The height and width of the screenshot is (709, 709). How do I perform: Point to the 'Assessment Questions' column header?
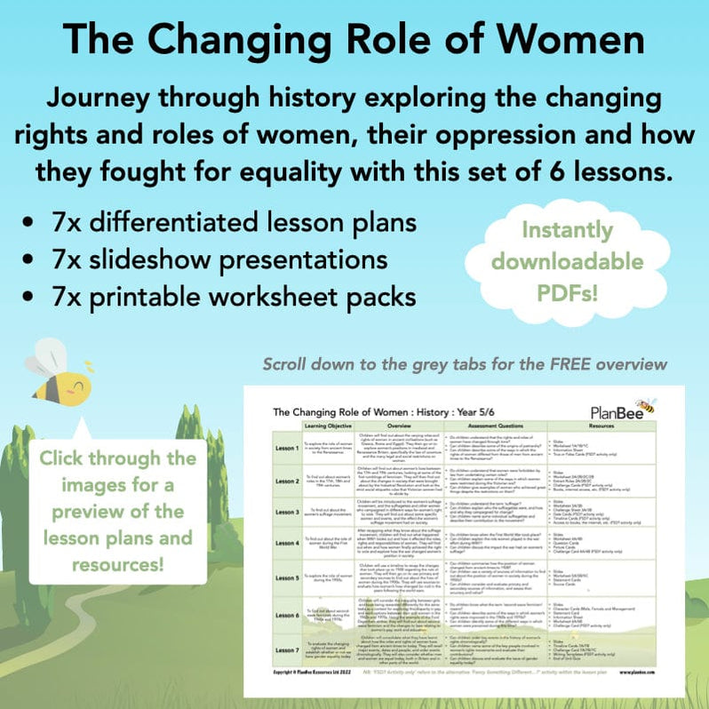[x=507, y=427]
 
